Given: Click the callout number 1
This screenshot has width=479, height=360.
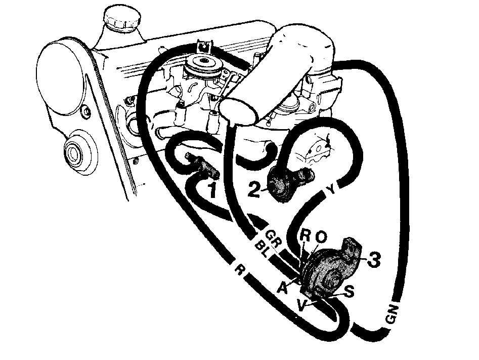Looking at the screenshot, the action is tap(212, 190).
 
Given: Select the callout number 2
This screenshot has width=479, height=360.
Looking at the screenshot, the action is tap(254, 190).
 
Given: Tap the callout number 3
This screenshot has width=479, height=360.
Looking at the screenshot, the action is tap(373, 259).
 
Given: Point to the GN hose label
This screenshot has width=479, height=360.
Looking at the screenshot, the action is tap(393, 314).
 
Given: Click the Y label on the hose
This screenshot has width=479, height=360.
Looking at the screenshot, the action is tap(331, 190).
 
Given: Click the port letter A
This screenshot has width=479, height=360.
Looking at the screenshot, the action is tap(283, 288).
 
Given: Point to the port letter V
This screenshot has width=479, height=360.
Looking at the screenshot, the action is tap(301, 305).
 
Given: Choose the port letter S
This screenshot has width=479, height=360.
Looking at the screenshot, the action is tap(349, 292).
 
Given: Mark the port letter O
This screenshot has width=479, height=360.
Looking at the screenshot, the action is tap(321, 237).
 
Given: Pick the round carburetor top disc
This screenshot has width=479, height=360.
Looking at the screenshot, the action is tap(202, 68).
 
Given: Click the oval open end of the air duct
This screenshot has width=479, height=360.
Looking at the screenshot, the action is tap(238, 111).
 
